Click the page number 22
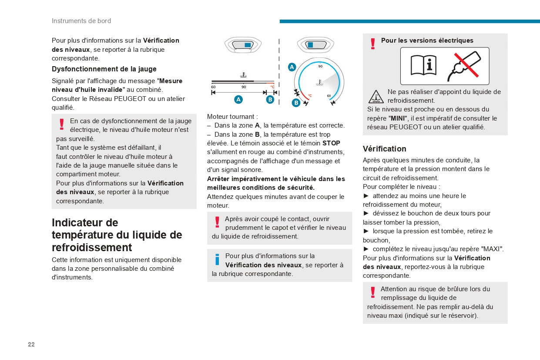click(31, 344)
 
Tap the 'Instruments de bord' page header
click(81, 21)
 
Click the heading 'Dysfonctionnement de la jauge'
click(104, 69)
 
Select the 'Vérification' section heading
click(384, 149)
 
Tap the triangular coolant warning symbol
click(376, 97)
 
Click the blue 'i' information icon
click(217, 260)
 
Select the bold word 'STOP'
click(331, 143)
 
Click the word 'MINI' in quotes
click(398, 118)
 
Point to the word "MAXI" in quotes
click(492, 249)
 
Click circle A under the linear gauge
click(238, 99)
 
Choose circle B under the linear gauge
click(270, 99)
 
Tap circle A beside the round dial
click(292, 67)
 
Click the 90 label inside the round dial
click(320, 67)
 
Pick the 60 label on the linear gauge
click(213, 87)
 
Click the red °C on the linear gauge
click(272, 87)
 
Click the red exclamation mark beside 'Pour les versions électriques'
click(372, 44)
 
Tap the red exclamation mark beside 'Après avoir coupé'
click(217, 222)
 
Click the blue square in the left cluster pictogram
click(247, 45)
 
